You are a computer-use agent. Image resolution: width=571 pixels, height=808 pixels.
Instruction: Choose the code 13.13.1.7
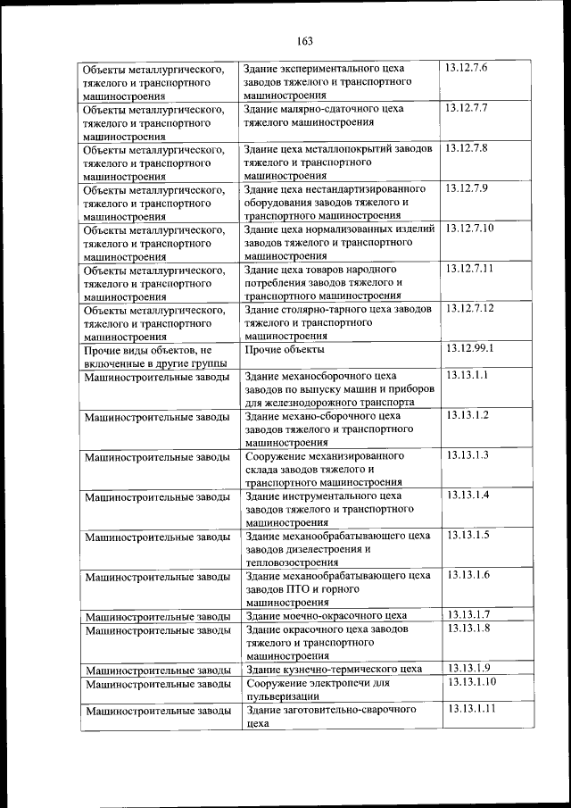pos(468,614)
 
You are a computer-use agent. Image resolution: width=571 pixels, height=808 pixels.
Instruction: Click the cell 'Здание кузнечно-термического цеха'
pos(333,669)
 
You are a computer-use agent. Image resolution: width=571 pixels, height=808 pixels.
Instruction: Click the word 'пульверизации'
pos(281,696)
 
